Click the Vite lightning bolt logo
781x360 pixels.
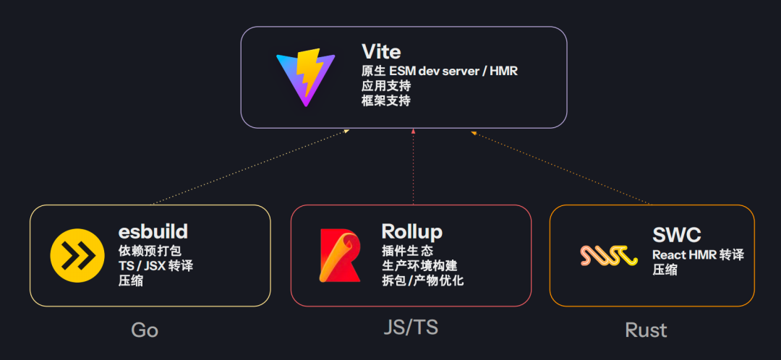(306, 77)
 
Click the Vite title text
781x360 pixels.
(381, 52)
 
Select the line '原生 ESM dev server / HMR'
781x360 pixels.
(440, 72)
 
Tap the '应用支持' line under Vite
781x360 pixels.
(386, 86)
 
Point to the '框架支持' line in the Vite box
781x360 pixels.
(386, 100)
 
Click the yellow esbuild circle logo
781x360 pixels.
(73, 256)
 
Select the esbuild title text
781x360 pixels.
(153, 231)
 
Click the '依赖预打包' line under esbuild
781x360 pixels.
(149, 252)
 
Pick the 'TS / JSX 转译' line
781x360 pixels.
(155, 266)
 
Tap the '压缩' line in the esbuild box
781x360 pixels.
(130, 280)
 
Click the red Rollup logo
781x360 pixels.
(340, 255)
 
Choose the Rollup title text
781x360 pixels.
(411, 231)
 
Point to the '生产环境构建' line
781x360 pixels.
(419, 266)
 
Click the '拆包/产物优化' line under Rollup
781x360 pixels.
(422, 280)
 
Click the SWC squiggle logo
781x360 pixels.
(608, 255)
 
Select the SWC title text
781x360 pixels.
(676, 235)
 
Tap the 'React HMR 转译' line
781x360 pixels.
(698, 255)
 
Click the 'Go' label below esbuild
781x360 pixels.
(145, 330)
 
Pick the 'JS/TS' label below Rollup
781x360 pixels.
(411, 327)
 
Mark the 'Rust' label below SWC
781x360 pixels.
(646, 330)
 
